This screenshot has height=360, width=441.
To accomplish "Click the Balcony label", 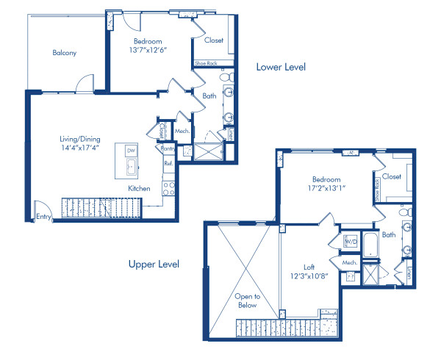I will [x=65, y=53].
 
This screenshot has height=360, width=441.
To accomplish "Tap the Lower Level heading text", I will [x=280, y=67].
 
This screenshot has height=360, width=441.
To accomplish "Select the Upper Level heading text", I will [x=154, y=264].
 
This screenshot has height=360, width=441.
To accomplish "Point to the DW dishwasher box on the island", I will [x=131, y=151].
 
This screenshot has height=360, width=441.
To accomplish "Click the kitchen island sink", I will [x=131, y=168].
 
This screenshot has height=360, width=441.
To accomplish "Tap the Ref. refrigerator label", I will [x=168, y=164].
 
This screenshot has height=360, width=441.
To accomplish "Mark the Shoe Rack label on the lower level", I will [x=204, y=64].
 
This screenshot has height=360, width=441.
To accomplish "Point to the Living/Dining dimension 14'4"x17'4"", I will [x=81, y=148].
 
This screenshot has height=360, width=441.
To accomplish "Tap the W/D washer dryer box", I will [x=350, y=240].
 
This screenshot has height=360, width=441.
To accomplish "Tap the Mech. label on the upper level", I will [x=350, y=262].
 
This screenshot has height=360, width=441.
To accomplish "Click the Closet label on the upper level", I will [x=392, y=176].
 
